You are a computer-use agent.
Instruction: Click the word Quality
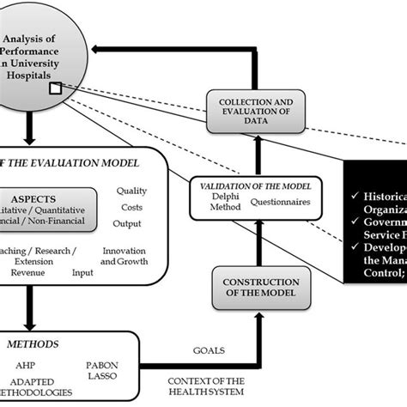point(137,191)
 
